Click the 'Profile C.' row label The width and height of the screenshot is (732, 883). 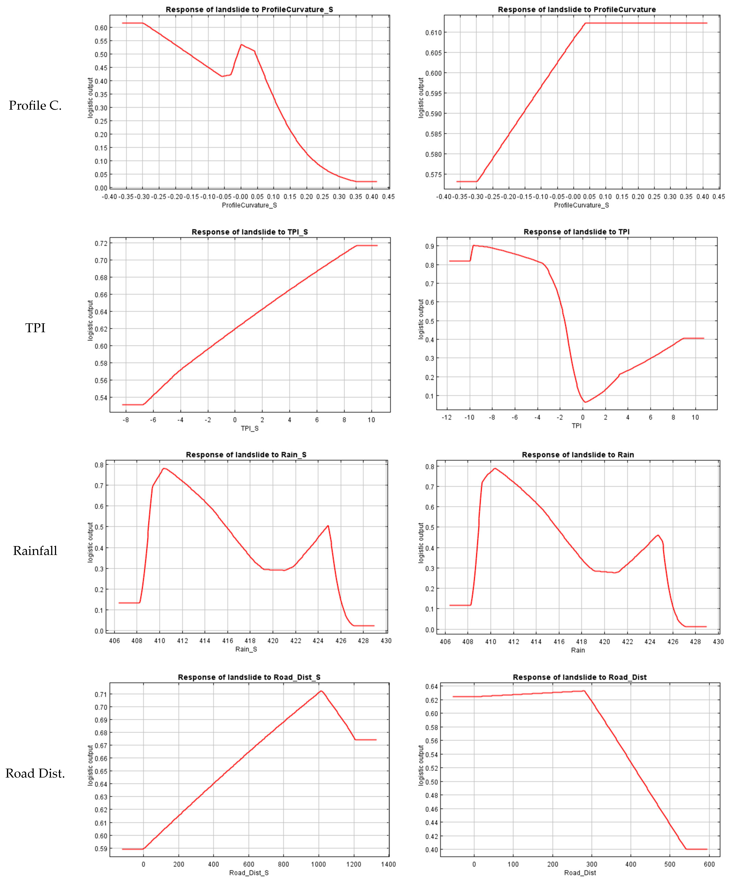(35, 105)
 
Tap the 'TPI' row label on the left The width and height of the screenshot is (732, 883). (35, 328)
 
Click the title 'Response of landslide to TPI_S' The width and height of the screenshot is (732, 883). (250, 232)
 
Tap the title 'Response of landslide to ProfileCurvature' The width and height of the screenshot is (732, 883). (577, 9)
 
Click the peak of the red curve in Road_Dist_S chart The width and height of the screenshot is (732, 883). (321, 691)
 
